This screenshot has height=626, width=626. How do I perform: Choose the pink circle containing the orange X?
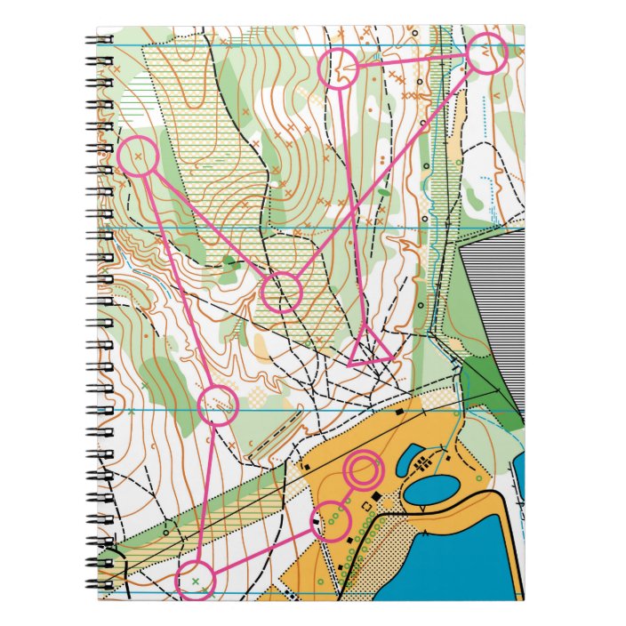(x=138, y=156)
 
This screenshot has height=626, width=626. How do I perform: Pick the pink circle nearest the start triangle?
(x=282, y=292)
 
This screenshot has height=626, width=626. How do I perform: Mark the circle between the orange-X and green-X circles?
(x=217, y=405)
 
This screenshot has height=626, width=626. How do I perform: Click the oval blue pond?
(x=431, y=489)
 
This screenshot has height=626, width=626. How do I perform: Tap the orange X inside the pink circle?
(x=137, y=156)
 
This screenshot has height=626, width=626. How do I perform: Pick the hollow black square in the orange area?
(x=367, y=507)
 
